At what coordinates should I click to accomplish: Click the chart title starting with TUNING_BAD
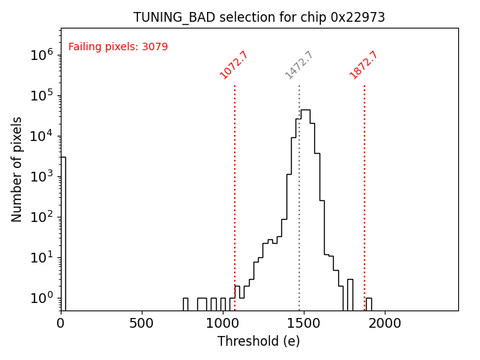259,17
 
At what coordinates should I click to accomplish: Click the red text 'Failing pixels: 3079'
118,47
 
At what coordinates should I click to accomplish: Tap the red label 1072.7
234,65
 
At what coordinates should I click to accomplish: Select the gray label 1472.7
298,65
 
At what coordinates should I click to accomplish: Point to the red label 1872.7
364,65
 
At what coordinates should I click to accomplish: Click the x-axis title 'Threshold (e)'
259,341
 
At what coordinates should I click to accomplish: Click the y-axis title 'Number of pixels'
17,169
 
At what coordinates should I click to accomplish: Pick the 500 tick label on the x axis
142,323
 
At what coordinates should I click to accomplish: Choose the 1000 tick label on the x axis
223,323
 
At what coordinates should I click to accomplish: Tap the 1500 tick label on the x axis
304,323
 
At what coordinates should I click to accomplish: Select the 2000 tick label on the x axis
385,323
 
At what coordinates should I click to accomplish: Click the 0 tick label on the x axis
61,323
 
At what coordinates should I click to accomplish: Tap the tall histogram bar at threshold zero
63,232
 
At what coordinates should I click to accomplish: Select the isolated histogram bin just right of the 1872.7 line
368,304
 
